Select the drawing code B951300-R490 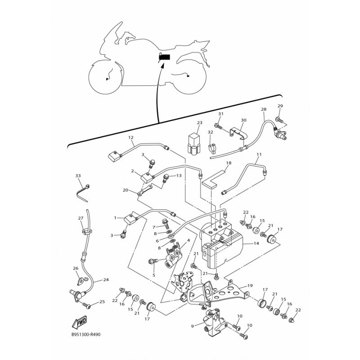86,334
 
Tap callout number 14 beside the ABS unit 256,243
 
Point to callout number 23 199,122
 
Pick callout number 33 78,176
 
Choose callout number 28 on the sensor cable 264,109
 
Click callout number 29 280,106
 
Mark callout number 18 229,163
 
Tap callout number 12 130,138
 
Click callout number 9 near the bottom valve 193,325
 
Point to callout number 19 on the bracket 250,286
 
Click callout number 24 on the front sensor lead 106,280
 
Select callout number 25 102,301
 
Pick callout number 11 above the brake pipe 259,154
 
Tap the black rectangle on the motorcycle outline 164,58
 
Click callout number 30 243,120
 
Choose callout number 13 179,175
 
